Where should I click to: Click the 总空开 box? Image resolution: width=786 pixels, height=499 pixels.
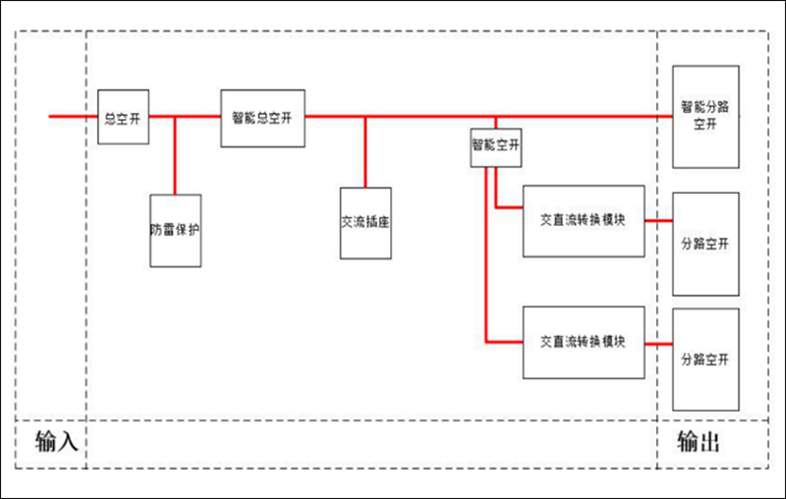(124, 116)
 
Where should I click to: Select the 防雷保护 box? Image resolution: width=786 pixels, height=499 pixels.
(175, 231)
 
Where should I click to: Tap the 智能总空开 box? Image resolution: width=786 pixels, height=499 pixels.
(262, 117)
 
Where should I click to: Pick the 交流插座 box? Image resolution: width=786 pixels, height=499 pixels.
(365, 223)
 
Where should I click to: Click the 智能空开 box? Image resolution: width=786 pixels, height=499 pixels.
(495, 145)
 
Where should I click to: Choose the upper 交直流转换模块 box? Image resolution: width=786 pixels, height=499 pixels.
(584, 220)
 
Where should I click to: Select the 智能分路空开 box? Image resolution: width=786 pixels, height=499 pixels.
(704, 116)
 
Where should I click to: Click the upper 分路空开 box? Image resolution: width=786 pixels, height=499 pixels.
(704, 245)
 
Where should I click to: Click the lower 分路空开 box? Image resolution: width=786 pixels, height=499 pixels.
(704, 360)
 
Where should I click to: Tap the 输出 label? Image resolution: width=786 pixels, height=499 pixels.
(700, 442)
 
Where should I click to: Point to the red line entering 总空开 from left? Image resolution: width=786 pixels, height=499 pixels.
(74, 116)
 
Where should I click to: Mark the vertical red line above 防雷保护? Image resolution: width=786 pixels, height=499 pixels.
(175, 157)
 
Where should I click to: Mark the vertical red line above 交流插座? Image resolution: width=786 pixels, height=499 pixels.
(365, 152)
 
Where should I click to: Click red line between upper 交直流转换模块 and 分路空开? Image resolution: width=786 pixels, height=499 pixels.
(658, 221)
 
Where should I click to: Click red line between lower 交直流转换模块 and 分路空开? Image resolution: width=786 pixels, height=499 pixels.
(658, 343)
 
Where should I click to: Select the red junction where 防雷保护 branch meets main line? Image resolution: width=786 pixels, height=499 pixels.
(175, 116)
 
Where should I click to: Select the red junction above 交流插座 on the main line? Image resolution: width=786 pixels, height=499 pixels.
(365, 116)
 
